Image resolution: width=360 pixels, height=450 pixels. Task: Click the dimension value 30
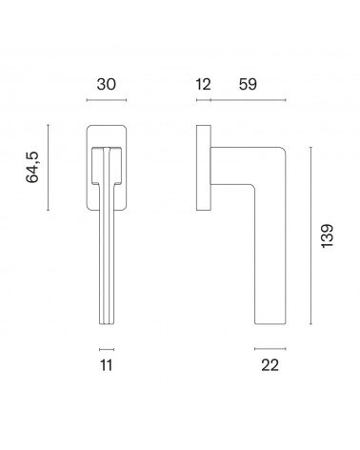click(107, 85)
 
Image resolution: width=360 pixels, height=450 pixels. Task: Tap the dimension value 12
click(203, 85)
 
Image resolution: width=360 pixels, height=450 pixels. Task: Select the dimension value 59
click(248, 85)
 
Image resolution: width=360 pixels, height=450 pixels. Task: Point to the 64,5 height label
click(32, 167)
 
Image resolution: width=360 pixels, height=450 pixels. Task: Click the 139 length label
click(327, 235)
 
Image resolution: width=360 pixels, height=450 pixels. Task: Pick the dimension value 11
click(107, 365)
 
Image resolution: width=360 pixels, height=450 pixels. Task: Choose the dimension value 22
click(270, 365)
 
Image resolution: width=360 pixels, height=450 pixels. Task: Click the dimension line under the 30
click(107, 100)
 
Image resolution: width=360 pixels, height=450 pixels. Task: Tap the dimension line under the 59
click(249, 100)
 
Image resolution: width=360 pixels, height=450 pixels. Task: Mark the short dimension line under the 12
click(204, 100)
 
